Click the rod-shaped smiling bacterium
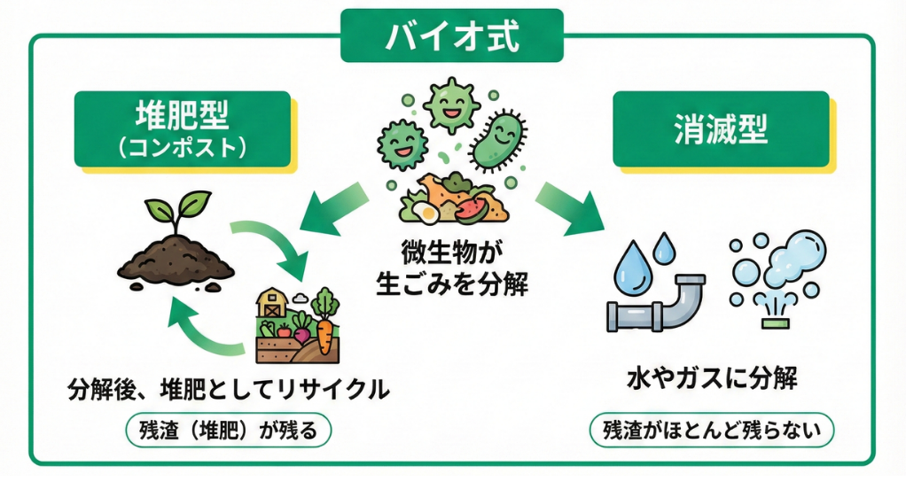click(x=496, y=140)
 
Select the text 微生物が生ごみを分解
click(x=452, y=270)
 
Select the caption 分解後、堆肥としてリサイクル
click(x=229, y=390)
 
